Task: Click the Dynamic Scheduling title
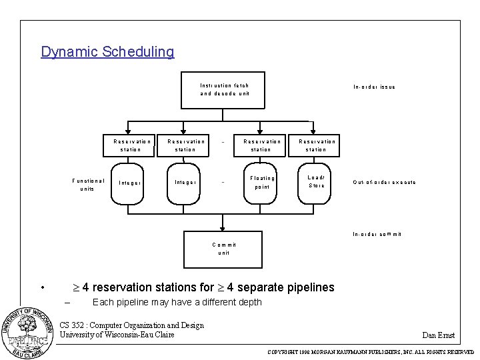107,52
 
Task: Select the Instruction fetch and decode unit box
224,89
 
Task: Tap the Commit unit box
223,249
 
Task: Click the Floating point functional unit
262,182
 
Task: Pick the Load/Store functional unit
317,181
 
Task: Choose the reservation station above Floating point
262,145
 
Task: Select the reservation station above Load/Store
317,145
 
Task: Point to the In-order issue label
374,87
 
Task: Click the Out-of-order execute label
385,182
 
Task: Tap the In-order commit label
377,234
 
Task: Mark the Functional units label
88,185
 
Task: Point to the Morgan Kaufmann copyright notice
371,351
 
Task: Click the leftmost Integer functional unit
129,182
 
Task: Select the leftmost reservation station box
131,145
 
